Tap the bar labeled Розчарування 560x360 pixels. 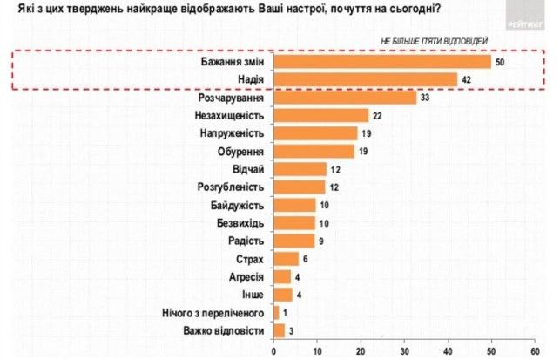[x=345, y=98]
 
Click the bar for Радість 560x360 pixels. [x=293, y=240]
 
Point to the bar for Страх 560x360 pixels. [x=287, y=259]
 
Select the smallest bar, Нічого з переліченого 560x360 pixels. [x=276, y=311]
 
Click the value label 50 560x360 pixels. [x=500, y=63]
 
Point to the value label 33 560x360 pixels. [x=426, y=98]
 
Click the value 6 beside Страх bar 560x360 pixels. [x=306, y=259]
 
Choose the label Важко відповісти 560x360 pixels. [x=224, y=329]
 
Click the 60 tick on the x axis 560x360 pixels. [x=534, y=350]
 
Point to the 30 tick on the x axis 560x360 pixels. [x=404, y=350]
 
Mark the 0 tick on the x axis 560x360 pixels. [x=274, y=350]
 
